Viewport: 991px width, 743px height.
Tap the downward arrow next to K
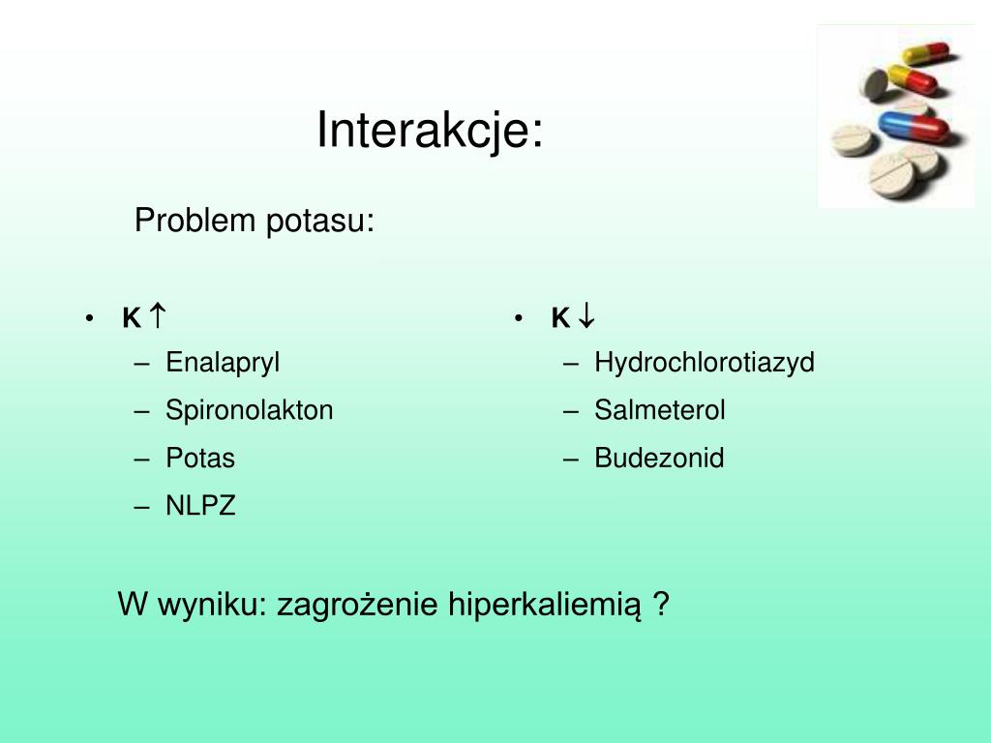(x=587, y=315)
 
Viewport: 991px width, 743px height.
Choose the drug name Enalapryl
(x=223, y=363)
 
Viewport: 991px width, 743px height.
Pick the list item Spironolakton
(x=249, y=410)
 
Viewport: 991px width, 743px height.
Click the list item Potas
(x=200, y=458)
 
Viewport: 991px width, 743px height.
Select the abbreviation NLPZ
(x=200, y=505)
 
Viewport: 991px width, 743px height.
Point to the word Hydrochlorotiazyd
(x=705, y=363)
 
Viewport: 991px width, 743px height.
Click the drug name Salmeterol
(x=660, y=410)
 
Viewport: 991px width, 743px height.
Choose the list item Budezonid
(x=659, y=458)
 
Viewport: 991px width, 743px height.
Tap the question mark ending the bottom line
(x=662, y=605)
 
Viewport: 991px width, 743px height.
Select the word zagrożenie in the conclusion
(x=358, y=606)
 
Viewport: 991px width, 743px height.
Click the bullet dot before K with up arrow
(x=89, y=318)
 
